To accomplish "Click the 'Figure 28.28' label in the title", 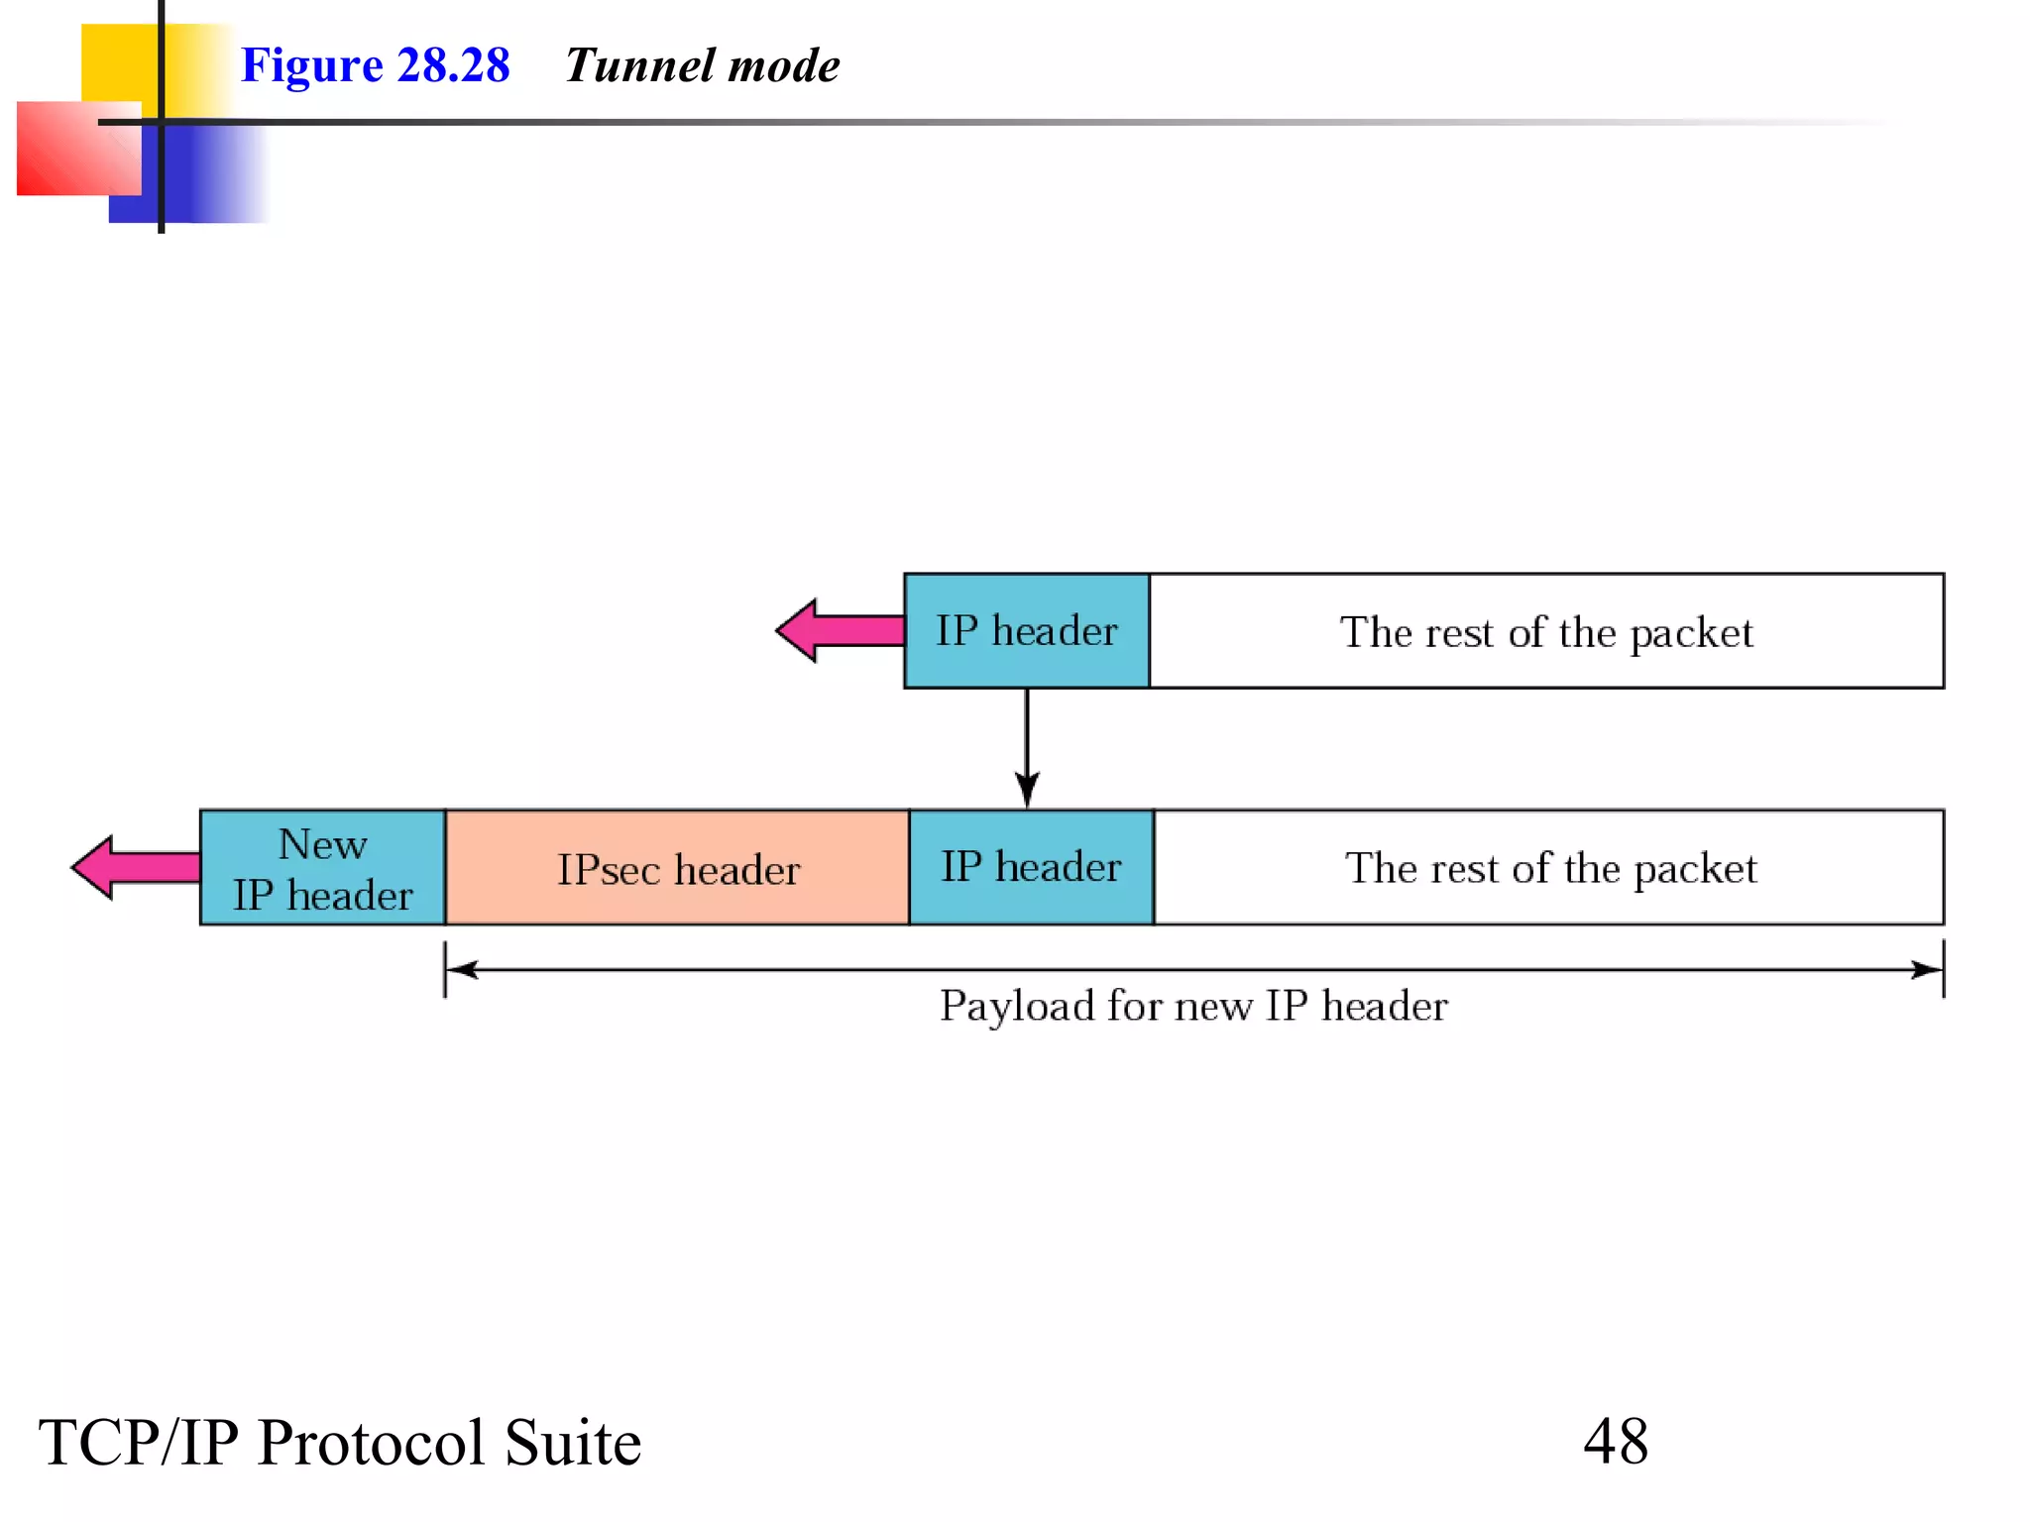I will click(375, 65).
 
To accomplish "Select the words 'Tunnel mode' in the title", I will click(702, 65).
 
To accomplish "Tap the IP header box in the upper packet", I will click(1026, 631).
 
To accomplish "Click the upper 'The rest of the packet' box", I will click(1545, 631).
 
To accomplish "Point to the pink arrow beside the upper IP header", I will click(838, 630).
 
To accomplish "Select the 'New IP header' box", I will click(322, 868).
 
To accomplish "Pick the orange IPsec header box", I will click(677, 868).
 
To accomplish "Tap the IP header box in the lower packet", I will click(1031, 868).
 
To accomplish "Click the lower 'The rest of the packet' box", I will click(1549, 868).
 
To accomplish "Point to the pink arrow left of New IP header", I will click(134, 867).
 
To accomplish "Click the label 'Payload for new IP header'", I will click(1193, 1006).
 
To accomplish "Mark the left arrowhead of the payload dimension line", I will click(462, 969).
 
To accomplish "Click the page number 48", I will click(1615, 1441).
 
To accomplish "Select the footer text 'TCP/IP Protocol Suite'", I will click(339, 1443).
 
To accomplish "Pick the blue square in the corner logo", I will click(198, 178).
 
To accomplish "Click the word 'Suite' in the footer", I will click(572, 1443).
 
